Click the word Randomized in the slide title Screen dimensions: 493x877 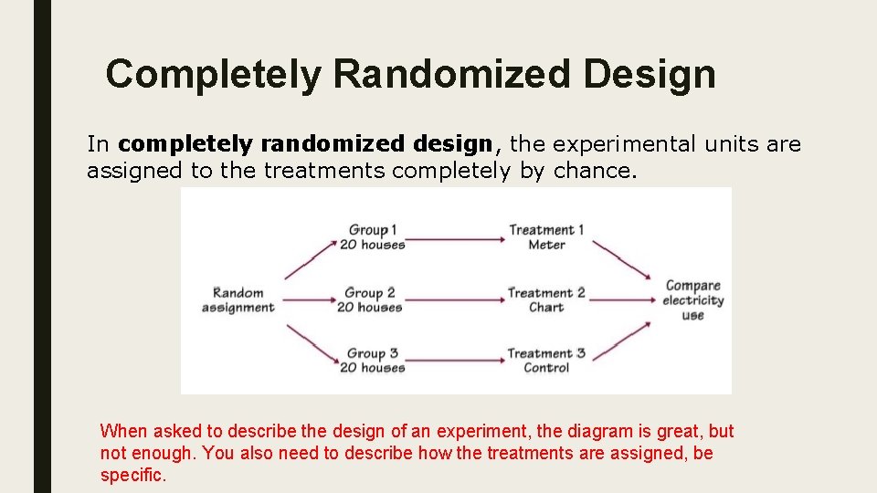pyautogui.click(x=452, y=74)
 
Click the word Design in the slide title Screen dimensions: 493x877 pyautogui.click(x=650, y=74)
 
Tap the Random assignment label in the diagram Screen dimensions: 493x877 pyautogui.click(x=238, y=300)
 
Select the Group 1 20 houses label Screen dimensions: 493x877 pyautogui.click(x=372, y=237)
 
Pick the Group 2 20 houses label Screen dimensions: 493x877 pyautogui.click(x=370, y=300)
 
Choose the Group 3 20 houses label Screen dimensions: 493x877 pyautogui.click(x=372, y=361)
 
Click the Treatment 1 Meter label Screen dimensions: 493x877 pyautogui.click(x=546, y=237)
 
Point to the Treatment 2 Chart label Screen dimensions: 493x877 pyautogui.click(x=546, y=300)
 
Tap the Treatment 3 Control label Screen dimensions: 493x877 pyautogui.click(x=546, y=361)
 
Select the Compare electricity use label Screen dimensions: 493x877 pyautogui.click(x=692, y=300)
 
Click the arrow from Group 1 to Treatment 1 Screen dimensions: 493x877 pyautogui.click(x=456, y=239)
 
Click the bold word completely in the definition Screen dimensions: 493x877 pyautogui.click(x=186, y=144)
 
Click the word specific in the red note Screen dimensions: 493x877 pyautogui.click(x=132, y=476)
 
